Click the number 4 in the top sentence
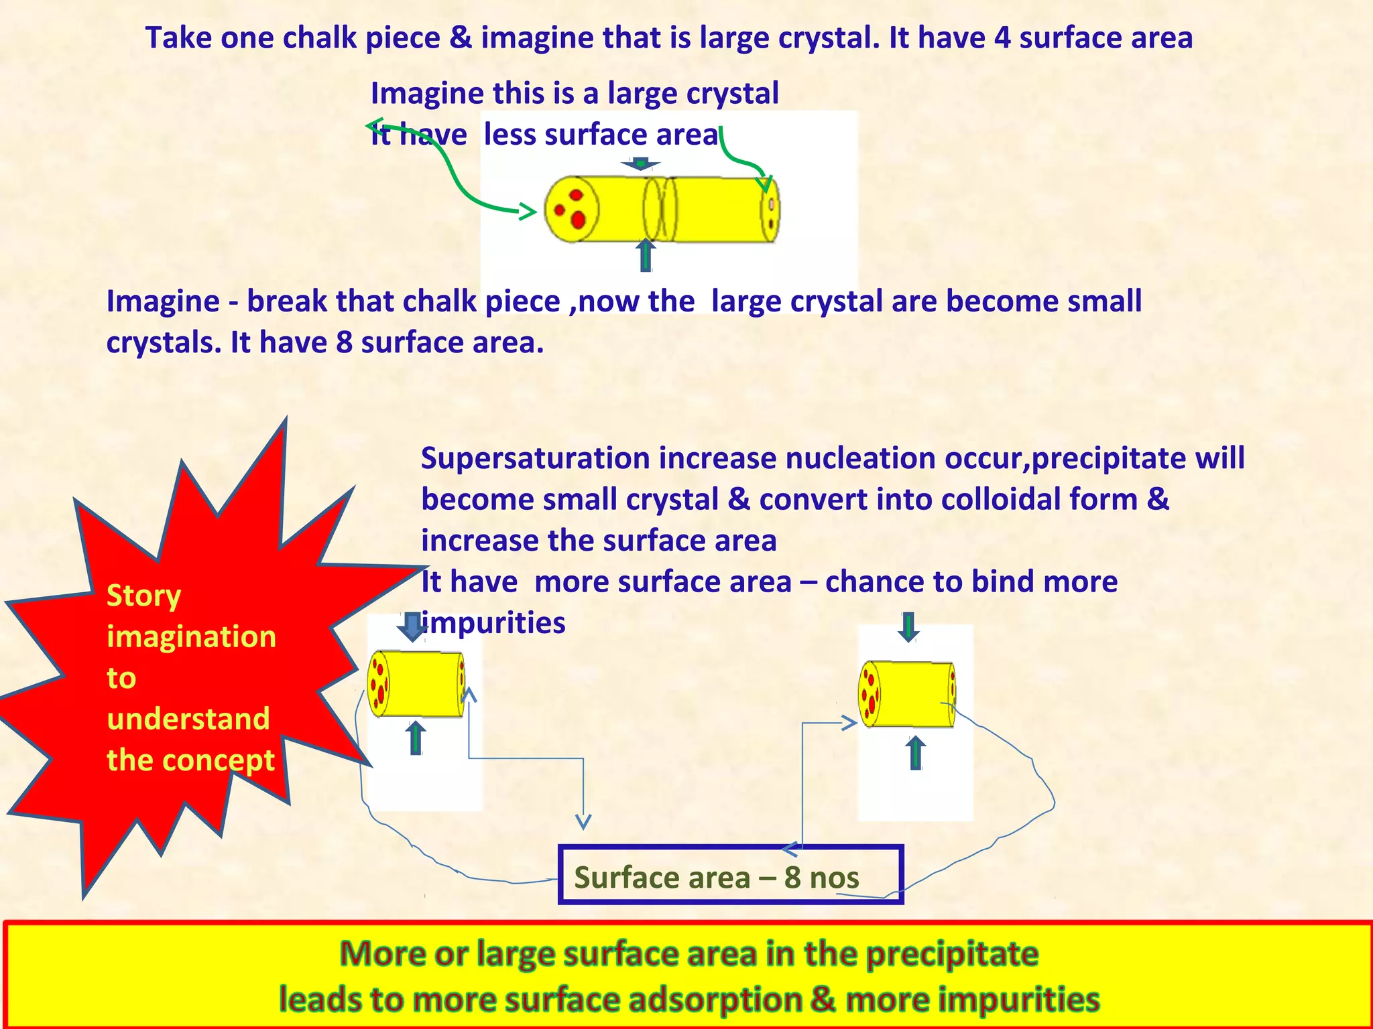(x=1002, y=38)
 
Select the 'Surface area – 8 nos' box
(x=730, y=875)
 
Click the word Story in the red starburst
(x=143, y=596)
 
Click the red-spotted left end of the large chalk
(x=571, y=209)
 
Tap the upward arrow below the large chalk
(x=646, y=255)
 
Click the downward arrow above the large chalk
(x=641, y=164)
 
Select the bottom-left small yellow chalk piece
(x=416, y=684)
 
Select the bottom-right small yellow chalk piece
(x=907, y=694)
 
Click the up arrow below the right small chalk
(x=915, y=753)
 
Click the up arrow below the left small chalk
(x=416, y=738)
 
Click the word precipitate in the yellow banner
(x=952, y=954)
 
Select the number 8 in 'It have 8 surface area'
(x=343, y=343)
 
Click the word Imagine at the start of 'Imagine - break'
(x=162, y=301)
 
